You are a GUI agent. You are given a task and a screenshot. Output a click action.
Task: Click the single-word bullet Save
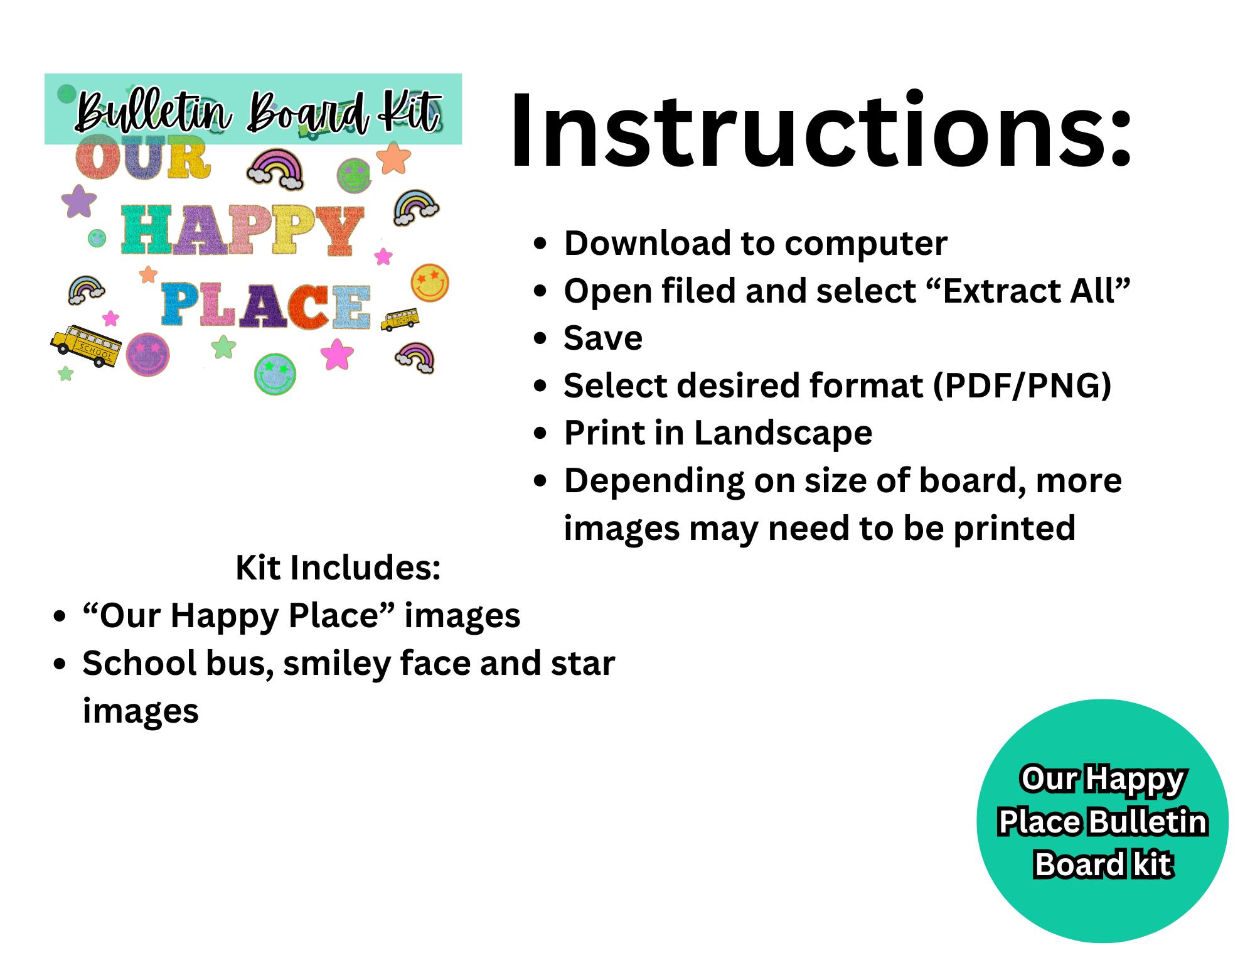click(603, 338)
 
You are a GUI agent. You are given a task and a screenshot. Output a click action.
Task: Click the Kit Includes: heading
click(338, 568)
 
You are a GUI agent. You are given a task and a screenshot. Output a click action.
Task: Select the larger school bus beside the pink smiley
click(85, 345)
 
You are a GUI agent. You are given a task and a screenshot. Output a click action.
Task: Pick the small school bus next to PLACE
click(400, 319)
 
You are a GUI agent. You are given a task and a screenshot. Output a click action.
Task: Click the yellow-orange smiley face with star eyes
click(430, 282)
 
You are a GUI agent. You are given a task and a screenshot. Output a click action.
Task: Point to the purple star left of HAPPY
click(79, 202)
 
